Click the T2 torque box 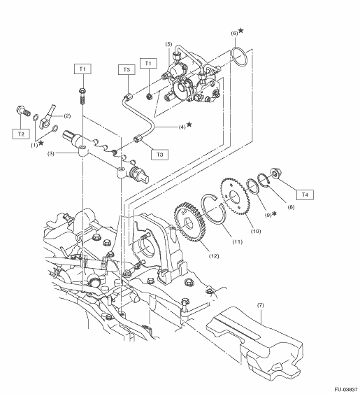pos(21,134)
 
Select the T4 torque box pos(305,195)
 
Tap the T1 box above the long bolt pos(82,69)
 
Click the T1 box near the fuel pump pos(149,63)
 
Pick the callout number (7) pos(261,305)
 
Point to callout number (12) pos(214,256)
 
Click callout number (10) pos(256,231)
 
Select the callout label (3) pos(51,153)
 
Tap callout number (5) pos(168,44)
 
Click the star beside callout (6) pos(240,30)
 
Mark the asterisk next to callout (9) pos(274,213)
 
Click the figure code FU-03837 pos(346,390)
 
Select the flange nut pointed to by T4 pos(275,174)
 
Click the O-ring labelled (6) pos(240,57)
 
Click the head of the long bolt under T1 pos(82,91)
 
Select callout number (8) pos(291,207)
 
